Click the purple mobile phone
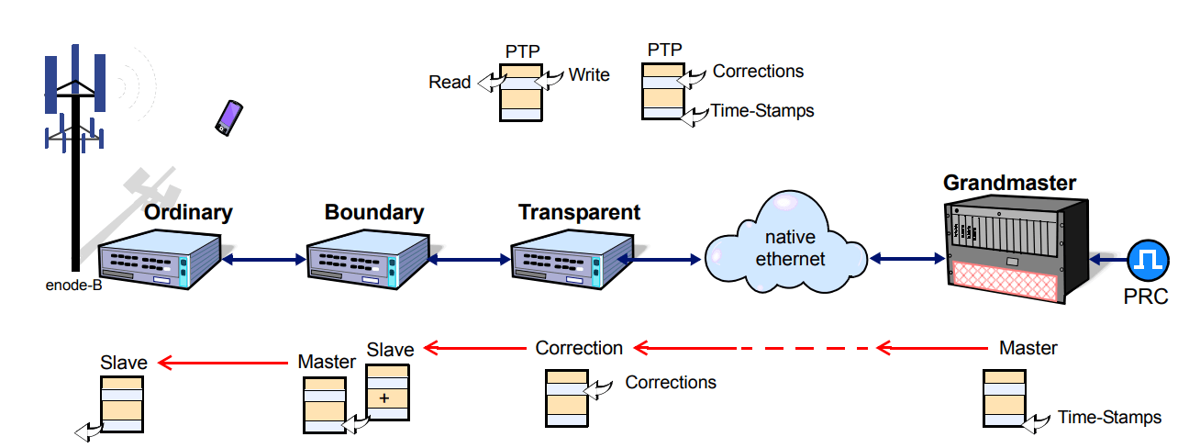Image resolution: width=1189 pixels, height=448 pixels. click(x=228, y=118)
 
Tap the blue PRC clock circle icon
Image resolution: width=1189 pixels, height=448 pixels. click(x=1148, y=261)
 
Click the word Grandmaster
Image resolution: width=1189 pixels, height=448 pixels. click(x=1009, y=183)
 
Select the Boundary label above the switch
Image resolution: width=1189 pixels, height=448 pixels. click(x=374, y=212)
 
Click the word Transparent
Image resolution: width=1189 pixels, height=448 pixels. click(x=579, y=212)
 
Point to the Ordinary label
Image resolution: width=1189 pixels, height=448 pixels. click(x=188, y=213)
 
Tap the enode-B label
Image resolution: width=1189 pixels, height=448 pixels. click(x=73, y=286)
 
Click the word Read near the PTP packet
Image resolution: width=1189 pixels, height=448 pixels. click(x=450, y=83)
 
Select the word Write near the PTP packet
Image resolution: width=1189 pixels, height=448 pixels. click(x=589, y=75)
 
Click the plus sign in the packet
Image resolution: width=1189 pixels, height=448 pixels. click(x=384, y=398)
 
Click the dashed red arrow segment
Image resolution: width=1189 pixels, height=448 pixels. click(x=805, y=349)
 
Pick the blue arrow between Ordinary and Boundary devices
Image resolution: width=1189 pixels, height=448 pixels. click(x=264, y=260)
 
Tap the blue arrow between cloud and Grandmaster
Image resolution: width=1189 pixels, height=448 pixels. click(x=907, y=259)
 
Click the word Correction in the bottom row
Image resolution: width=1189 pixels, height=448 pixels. click(x=579, y=348)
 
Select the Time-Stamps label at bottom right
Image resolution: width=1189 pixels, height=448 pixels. click(x=1109, y=417)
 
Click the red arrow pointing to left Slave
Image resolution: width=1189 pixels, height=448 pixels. click(x=223, y=363)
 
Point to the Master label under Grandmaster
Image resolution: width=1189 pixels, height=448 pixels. click(x=1028, y=348)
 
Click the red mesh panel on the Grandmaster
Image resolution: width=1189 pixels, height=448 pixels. click(x=1005, y=280)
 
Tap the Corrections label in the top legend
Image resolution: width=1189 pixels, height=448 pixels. click(x=758, y=72)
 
